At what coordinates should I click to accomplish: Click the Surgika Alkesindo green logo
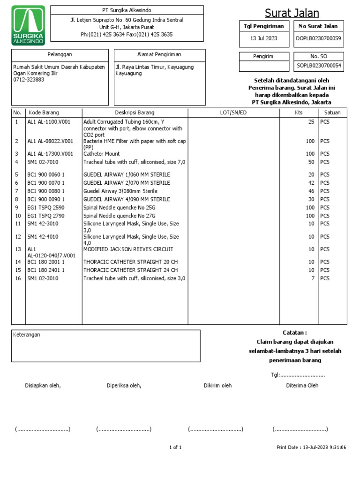[x=28, y=25]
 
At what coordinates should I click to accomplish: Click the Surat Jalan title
[x=292, y=13]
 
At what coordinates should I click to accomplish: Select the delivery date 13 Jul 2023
[x=264, y=39]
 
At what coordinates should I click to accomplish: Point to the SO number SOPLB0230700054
[x=319, y=67]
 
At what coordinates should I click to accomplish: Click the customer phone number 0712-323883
[x=29, y=80]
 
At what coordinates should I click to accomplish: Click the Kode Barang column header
[x=44, y=112]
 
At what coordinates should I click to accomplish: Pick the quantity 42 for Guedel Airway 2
[x=311, y=183]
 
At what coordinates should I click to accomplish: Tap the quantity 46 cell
[x=311, y=191]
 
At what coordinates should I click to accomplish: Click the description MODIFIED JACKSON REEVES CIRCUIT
[x=128, y=249]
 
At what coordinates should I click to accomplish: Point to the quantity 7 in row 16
[x=313, y=278]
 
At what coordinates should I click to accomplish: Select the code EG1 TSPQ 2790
[x=46, y=216]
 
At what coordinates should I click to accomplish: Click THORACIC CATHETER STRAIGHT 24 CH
[x=130, y=270]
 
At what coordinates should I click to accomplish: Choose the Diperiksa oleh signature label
[x=124, y=386]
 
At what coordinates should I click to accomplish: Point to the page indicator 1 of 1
[x=175, y=448]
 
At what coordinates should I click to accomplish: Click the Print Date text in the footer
[x=311, y=448]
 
